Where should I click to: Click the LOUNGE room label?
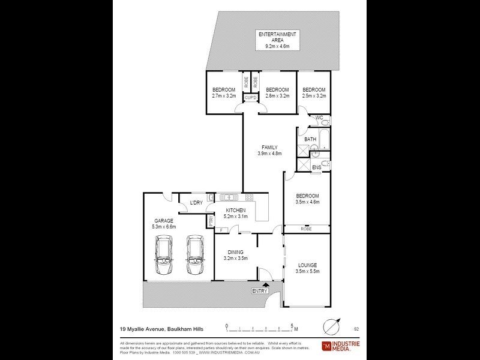(307, 265)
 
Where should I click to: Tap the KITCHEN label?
(235, 209)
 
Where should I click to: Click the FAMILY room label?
(269, 147)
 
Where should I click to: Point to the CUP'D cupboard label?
(250, 98)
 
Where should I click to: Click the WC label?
(320, 118)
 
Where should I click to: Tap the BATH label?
(310, 139)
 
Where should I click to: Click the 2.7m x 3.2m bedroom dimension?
(224, 95)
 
